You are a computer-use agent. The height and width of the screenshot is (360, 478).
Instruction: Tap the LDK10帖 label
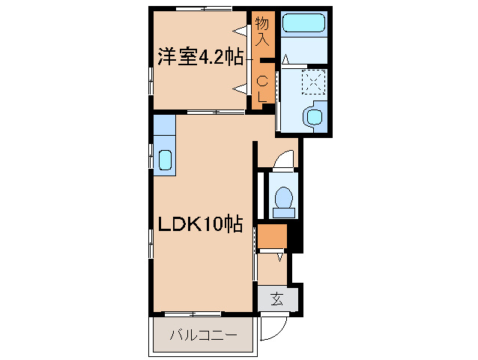tap(199, 223)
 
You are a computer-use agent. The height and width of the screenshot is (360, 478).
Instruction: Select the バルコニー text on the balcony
tap(202, 334)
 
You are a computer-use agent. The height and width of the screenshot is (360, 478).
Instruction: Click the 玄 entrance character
tap(277, 299)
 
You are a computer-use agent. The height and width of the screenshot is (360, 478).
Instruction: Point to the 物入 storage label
tap(262, 32)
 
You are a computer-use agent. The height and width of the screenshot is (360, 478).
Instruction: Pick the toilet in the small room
tap(284, 199)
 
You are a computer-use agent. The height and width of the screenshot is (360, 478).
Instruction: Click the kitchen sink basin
tap(165, 159)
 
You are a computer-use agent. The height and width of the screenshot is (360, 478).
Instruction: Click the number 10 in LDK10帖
tap(214, 223)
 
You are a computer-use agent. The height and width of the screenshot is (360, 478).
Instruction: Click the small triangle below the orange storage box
tap(280, 257)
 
